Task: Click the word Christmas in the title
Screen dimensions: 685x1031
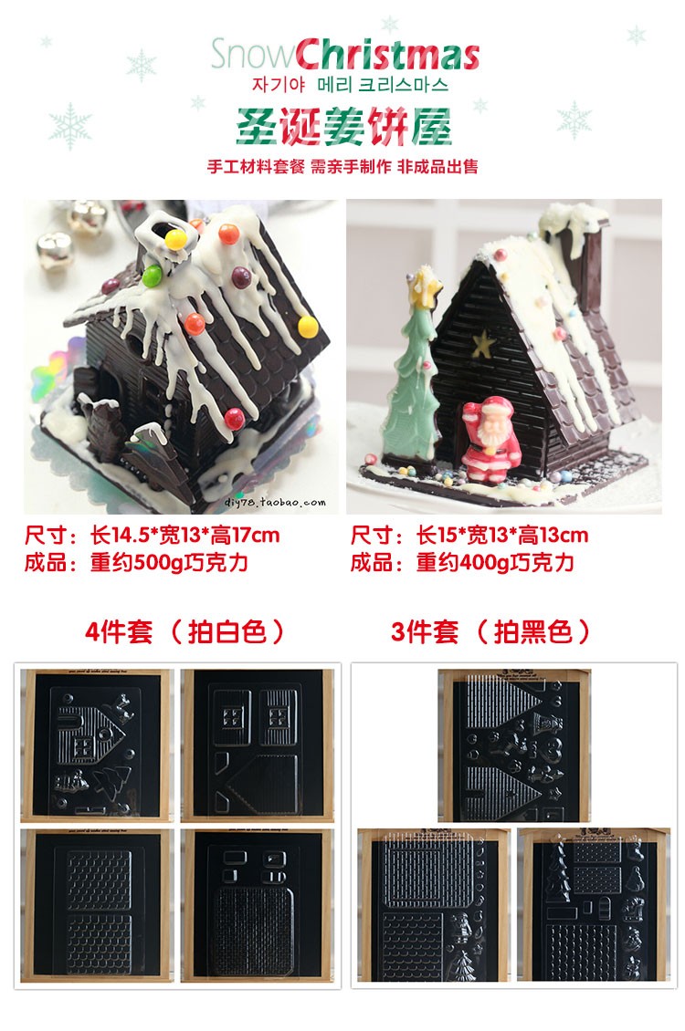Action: pyautogui.click(x=387, y=55)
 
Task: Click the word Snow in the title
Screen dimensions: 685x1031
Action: pyautogui.click(x=253, y=55)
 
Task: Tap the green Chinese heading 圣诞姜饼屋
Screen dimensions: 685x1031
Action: pyautogui.click(x=344, y=126)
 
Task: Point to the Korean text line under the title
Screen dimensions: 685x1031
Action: pyautogui.click(x=350, y=86)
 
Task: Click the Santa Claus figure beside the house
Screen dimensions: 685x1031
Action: pyautogui.click(x=490, y=439)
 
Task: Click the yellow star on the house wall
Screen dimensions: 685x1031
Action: pyautogui.click(x=482, y=345)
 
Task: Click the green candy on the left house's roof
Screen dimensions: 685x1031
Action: pyautogui.click(x=152, y=275)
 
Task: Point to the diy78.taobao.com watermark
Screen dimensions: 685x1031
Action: pyautogui.click(x=275, y=503)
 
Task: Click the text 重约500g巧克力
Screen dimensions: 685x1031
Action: pyautogui.click(x=168, y=563)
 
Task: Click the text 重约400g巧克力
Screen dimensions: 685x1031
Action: pyautogui.click(x=495, y=563)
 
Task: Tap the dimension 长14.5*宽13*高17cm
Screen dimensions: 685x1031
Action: pyautogui.click(x=184, y=536)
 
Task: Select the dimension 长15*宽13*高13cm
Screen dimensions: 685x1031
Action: pyautogui.click(x=502, y=536)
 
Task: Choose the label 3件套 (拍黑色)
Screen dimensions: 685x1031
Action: pyautogui.click(x=490, y=631)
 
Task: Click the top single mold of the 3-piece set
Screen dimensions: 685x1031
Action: pyautogui.click(x=514, y=745)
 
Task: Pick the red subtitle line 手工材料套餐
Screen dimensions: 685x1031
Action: pyautogui.click(x=256, y=166)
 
